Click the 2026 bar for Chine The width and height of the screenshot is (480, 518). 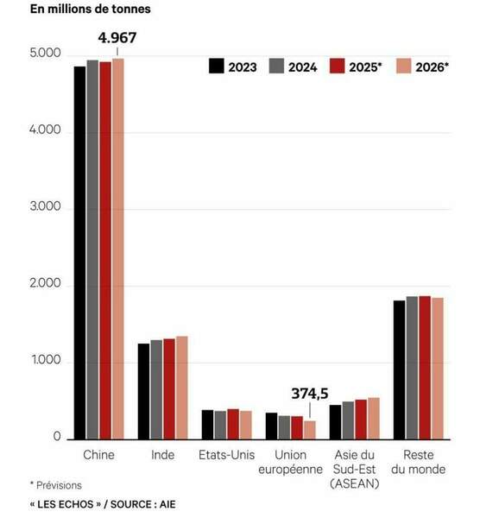click(x=118, y=249)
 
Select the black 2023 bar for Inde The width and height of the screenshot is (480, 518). click(x=143, y=391)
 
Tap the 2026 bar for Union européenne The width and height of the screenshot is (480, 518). click(x=310, y=430)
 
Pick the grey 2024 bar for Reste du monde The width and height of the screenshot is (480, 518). click(x=412, y=368)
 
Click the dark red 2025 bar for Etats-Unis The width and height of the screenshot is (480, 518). click(x=233, y=424)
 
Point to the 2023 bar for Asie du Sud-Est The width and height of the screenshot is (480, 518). click(x=335, y=422)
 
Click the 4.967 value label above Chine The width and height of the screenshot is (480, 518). click(x=117, y=38)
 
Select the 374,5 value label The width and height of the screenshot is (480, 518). click(x=310, y=394)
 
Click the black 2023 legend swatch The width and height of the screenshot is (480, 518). click(x=217, y=66)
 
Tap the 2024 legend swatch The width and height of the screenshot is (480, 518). click(x=276, y=66)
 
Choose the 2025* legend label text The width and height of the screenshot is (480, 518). click(x=365, y=67)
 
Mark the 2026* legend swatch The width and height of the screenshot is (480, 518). click(x=404, y=66)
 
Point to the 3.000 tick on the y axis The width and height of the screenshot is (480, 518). click(x=45, y=206)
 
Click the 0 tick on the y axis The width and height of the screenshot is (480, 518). click(x=57, y=436)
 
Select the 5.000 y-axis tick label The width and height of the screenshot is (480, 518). click(x=45, y=53)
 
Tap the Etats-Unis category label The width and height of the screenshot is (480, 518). click(x=227, y=455)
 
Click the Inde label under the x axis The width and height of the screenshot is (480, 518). click(x=162, y=455)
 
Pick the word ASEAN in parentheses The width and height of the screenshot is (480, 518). click(x=355, y=483)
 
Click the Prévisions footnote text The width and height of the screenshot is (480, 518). click(x=59, y=485)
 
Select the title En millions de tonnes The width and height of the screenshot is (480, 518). click(x=90, y=9)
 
